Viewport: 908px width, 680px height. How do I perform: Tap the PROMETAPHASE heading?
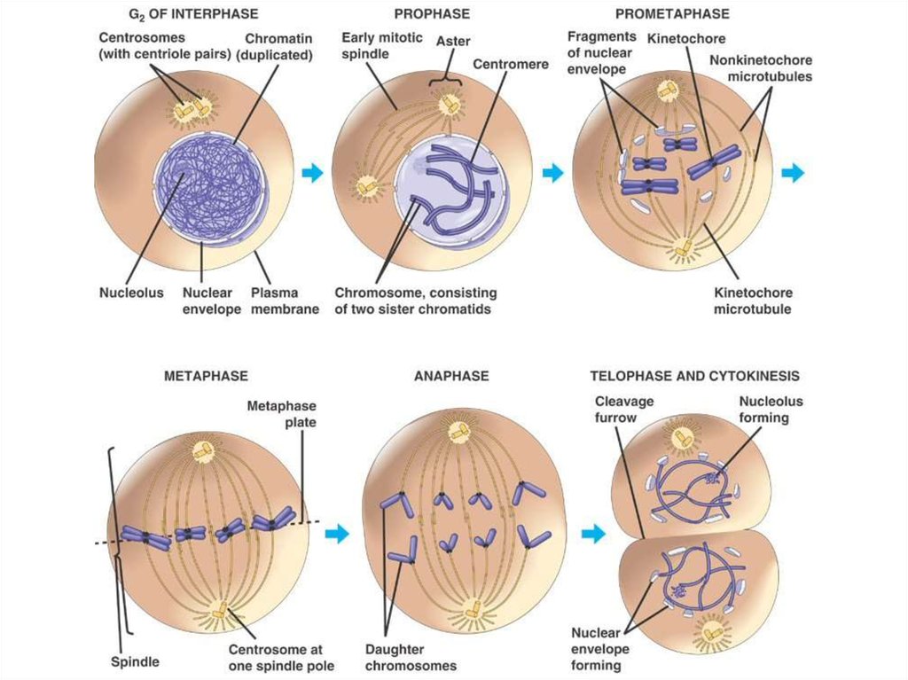[x=673, y=14]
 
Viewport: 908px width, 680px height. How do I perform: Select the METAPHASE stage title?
[x=206, y=376]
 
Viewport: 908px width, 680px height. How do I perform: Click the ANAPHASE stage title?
[x=451, y=376]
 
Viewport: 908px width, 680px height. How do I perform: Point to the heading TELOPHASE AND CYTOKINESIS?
[x=695, y=376]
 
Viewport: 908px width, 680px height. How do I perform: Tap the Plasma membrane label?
[x=285, y=301]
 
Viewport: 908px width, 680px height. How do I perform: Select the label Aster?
[x=453, y=41]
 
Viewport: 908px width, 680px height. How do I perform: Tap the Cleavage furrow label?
[x=624, y=409]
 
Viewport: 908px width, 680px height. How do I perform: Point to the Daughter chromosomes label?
[x=411, y=657]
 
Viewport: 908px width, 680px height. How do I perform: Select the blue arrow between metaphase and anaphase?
[x=336, y=533]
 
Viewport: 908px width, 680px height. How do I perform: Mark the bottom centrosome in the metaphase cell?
[x=217, y=611]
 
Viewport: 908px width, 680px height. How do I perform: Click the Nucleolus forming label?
[x=771, y=409]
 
